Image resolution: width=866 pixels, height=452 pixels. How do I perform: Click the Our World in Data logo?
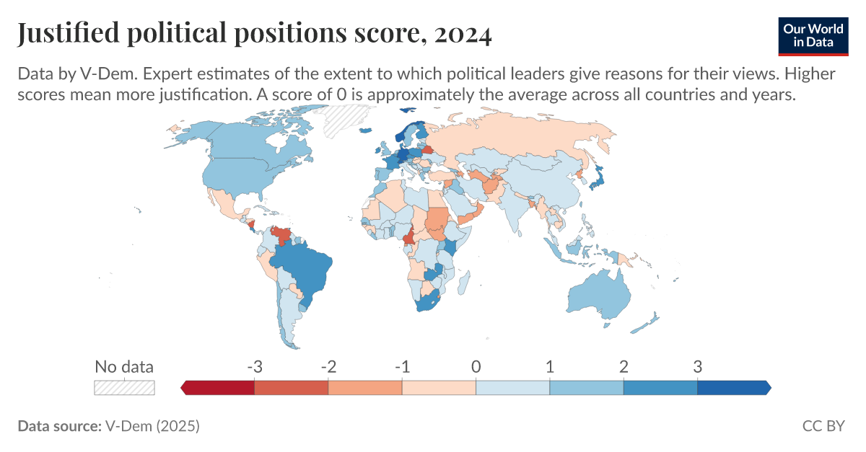813,34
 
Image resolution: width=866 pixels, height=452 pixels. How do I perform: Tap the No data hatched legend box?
124,387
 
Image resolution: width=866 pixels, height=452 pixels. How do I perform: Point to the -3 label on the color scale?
254,366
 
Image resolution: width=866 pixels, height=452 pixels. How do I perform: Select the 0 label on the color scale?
476,366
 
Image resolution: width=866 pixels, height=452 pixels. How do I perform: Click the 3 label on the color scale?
697,366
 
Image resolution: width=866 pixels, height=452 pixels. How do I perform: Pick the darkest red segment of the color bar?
219,387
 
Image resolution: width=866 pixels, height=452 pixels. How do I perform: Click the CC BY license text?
823,426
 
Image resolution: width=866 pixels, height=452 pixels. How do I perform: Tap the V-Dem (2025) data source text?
152,426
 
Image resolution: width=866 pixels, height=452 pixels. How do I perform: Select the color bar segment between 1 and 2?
586,387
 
